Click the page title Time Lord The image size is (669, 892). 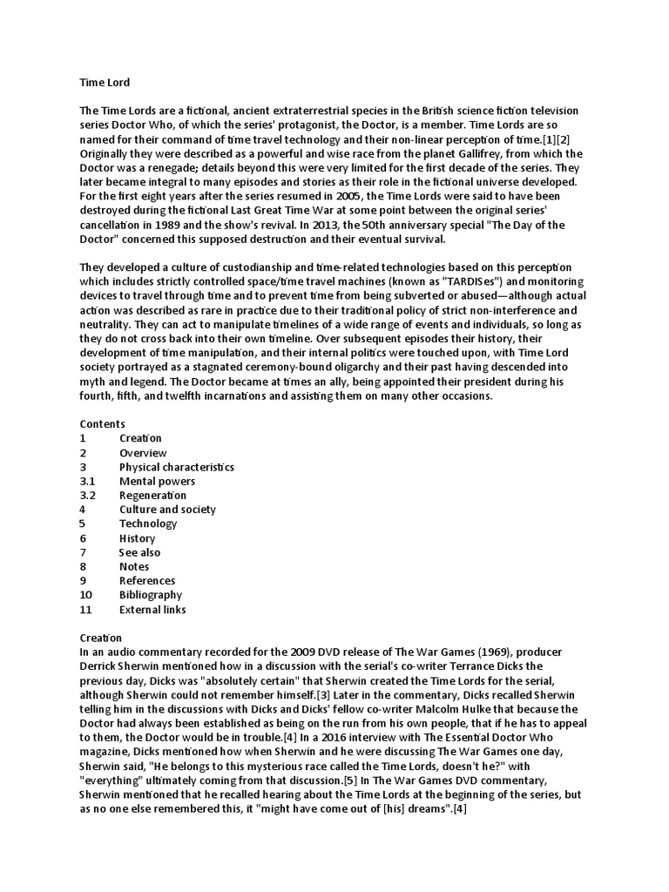(x=105, y=83)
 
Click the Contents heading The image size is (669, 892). (x=103, y=423)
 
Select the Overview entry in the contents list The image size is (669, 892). (x=143, y=453)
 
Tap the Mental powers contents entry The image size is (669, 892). (x=157, y=481)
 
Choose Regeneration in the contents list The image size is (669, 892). (x=152, y=496)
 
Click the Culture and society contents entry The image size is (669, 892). (x=167, y=510)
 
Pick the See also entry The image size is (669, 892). (x=139, y=552)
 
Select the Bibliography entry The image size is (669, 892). (x=150, y=595)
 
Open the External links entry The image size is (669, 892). (x=152, y=610)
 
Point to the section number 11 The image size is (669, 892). (x=85, y=610)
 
